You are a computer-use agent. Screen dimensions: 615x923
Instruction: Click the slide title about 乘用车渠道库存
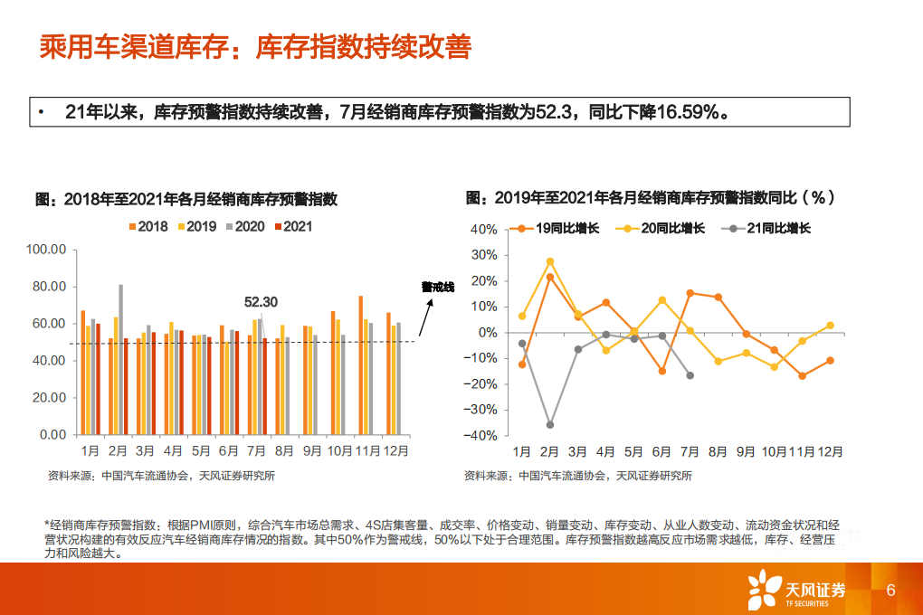(x=254, y=47)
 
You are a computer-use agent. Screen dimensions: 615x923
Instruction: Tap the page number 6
(x=891, y=590)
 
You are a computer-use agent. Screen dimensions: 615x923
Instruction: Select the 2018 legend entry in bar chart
(x=148, y=227)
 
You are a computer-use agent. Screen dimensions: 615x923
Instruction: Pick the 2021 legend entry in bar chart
(x=292, y=227)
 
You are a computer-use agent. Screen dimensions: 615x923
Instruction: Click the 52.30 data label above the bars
(x=262, y=302)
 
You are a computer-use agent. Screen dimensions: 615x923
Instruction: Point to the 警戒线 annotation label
(x=438, y=287)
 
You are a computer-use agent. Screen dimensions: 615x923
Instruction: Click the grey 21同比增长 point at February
(x=549, y=424)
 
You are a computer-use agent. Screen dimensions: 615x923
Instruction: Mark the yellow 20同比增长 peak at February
(x=549, y=261)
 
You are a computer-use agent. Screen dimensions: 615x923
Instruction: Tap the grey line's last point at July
(x=690, y=375)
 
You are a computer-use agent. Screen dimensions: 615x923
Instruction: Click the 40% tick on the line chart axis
(x=483, y=230)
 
